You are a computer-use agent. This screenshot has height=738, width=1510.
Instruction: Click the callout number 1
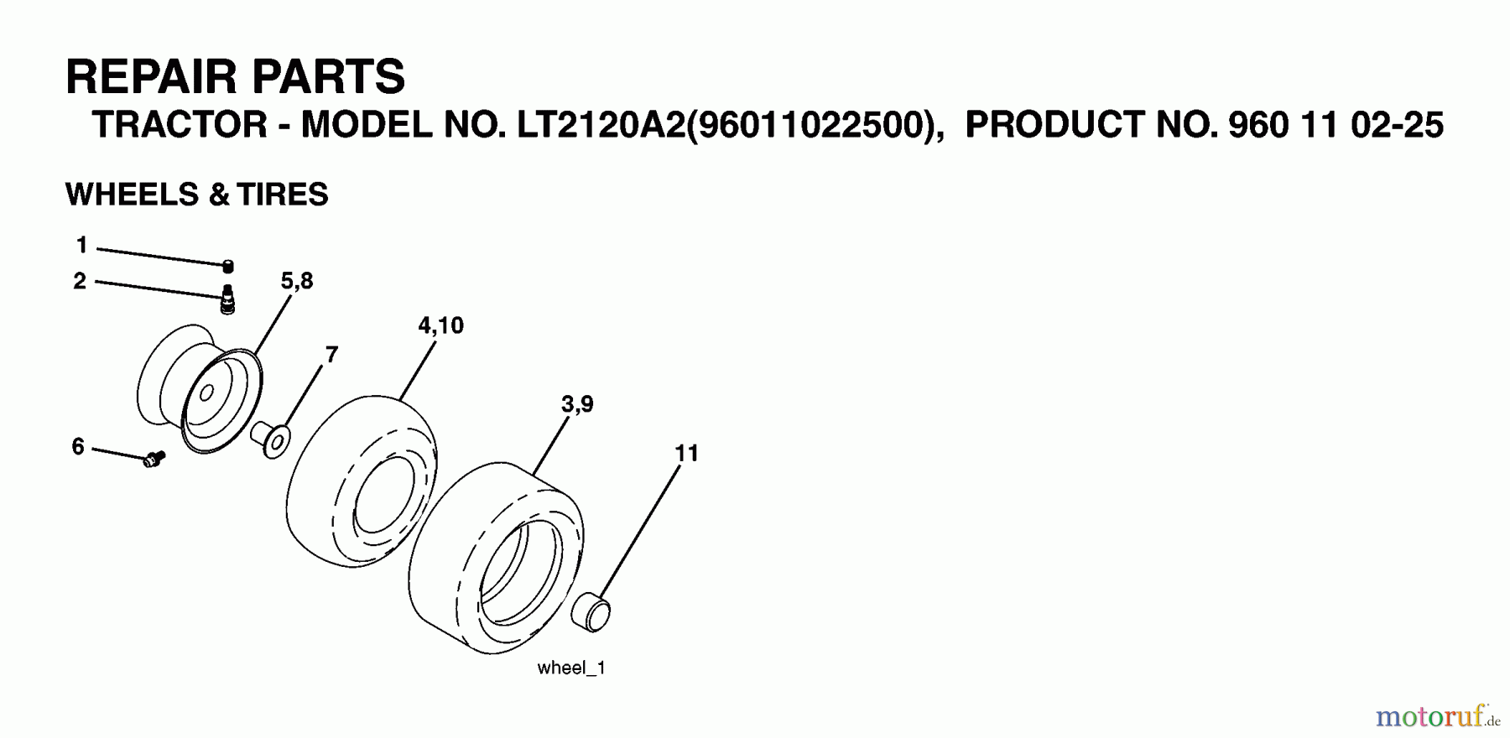tap(81, 245)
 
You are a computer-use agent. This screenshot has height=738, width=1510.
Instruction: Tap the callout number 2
tap(80, 281)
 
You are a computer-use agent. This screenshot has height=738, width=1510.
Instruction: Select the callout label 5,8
tap(297, 281)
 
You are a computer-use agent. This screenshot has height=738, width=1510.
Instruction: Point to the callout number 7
tap(331, 355)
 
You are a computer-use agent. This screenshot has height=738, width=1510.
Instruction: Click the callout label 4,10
tap(440, 325)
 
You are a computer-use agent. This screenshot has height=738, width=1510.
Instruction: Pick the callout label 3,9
tap(577, 405)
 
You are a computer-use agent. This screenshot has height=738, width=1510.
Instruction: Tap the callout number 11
tap(686, 454)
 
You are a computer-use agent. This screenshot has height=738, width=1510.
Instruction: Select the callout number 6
tap(78, 447)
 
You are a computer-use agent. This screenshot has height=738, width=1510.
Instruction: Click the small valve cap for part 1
tap(227, 267)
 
